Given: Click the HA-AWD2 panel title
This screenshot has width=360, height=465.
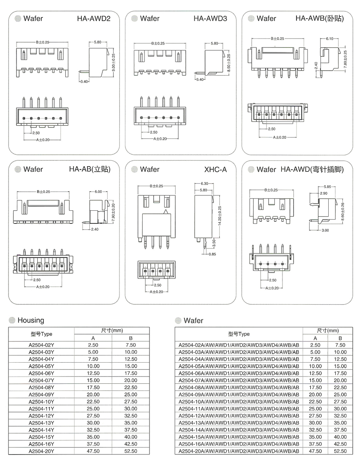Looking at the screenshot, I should point(94,19).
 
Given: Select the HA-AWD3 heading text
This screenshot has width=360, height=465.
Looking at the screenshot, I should point(210,19).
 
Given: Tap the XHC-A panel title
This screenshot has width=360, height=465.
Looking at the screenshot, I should point(216,170).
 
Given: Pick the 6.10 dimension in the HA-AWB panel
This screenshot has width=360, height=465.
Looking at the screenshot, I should point(331,39).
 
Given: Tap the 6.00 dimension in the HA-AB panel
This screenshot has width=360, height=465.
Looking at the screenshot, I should point(98,192).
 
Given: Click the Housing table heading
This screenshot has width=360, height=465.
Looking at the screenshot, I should point(30,320).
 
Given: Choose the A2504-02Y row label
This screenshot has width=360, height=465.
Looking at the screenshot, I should point(42,345).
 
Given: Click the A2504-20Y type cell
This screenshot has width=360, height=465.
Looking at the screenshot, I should point(42,451).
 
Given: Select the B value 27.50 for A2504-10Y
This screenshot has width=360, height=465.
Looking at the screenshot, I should point(131,401).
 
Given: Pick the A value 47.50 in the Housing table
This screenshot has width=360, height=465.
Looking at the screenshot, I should point(93,451).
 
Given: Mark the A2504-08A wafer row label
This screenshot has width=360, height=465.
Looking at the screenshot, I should point(239,387).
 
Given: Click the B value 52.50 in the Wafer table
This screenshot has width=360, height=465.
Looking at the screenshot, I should point(340,451).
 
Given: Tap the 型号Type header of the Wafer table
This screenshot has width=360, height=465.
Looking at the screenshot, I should point(239,334).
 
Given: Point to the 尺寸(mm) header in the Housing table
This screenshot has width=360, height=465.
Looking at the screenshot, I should point(112,330).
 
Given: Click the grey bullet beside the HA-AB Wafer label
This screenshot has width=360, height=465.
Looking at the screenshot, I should point(18,170).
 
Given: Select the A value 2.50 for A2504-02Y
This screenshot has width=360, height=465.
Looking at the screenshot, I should point(93,345).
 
